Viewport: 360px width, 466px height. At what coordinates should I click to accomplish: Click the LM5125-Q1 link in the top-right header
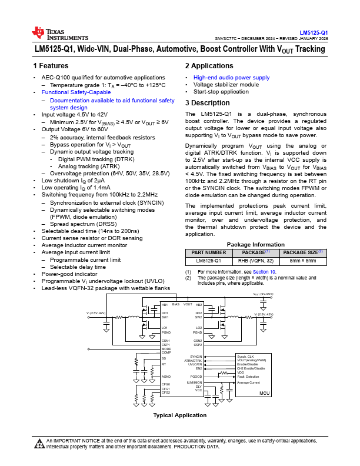coord(314,32)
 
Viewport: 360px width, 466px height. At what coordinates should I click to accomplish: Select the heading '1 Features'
coord(51,66)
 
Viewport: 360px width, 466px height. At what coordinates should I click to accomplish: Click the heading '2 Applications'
coord(209,66)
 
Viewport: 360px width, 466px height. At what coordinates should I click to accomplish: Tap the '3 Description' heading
coord(207,103)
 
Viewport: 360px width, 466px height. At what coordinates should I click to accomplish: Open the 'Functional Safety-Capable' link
coord(76,92)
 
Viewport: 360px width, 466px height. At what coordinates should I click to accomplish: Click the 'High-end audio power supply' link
coord(231,77)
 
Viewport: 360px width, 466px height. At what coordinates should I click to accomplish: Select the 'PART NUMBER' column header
coord(205,252)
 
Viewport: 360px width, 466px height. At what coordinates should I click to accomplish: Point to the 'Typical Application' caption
coord(180,415)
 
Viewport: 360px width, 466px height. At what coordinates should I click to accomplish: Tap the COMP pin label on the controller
coord(166,352)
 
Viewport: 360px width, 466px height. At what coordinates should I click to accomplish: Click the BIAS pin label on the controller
coord(175,304)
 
